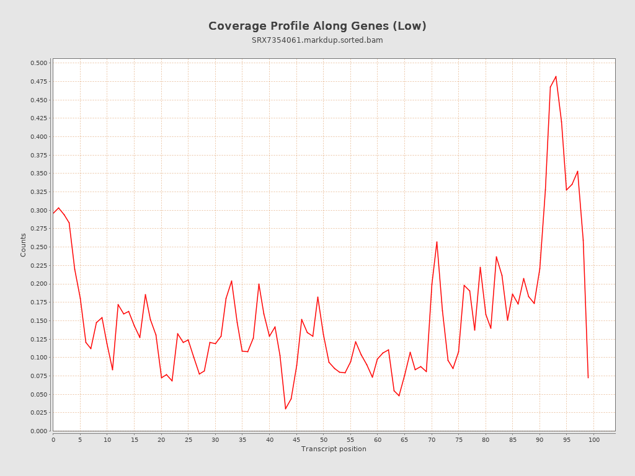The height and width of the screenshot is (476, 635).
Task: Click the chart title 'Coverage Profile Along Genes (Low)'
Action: [317, 26]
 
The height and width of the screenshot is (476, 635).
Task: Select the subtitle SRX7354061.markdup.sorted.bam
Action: [317, 40]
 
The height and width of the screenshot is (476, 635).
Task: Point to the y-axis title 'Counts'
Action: [24, 245]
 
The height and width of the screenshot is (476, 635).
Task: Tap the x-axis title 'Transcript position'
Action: [334, 449]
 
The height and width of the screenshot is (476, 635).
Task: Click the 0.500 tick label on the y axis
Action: [38, 63]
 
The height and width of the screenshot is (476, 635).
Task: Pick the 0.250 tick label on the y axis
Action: [38, 247]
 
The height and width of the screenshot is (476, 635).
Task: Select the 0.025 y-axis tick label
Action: [38, 413]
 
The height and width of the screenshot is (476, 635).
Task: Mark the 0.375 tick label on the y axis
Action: [38, 155]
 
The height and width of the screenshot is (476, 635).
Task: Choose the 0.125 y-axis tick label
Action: [38, 339]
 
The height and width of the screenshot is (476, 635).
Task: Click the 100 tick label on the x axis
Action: [594, 439]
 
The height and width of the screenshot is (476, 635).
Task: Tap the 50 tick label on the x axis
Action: [324, 439]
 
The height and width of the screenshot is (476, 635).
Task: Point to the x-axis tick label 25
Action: [189, 439]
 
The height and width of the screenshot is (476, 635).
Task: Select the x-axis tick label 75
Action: [459, 439]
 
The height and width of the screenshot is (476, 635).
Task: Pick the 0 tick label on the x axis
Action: [53, 439]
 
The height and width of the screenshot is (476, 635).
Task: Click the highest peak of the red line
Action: [556, 76]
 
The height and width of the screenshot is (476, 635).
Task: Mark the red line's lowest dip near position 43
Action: [285, 408]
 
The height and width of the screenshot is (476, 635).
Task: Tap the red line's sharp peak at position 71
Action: [437, 242]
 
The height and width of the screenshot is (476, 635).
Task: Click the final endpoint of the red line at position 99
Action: [588, 377]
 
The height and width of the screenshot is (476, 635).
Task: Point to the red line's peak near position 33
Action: [231, 281]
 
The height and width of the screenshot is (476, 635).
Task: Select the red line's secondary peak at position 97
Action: [577, 171]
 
